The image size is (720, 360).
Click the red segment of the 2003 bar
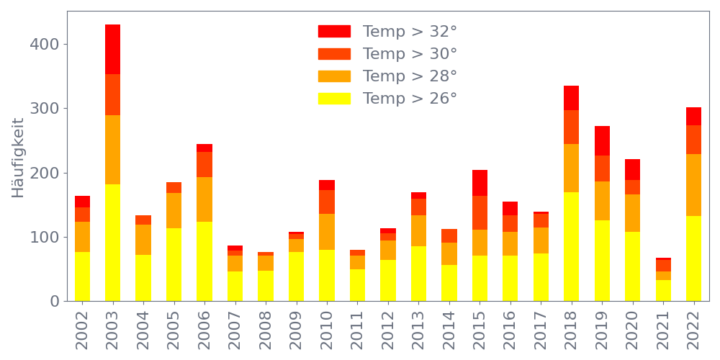pos(112,49)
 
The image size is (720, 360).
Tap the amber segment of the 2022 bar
pos(693,185)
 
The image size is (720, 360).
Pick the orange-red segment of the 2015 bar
pos(480,212)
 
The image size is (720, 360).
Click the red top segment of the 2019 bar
pos(602,140)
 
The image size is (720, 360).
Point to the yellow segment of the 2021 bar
pos(663,290)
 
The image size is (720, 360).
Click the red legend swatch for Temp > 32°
pos(334,32)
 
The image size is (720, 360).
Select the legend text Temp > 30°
pos(410,54)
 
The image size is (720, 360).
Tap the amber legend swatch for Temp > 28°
pos(334,76)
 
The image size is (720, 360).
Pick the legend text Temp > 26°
pos(410,99)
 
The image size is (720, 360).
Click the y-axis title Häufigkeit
pos(18,158)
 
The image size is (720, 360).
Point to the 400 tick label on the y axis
pos(45,45)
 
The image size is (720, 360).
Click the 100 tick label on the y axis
pos(45,238)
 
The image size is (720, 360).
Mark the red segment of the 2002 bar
pos(82,202)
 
